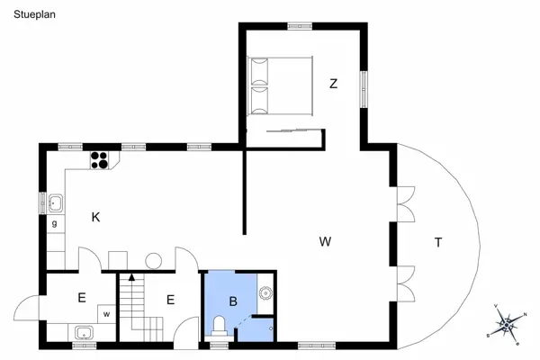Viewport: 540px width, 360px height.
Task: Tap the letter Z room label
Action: (x=333, y=84)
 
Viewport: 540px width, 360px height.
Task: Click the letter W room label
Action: (x=326, y=241)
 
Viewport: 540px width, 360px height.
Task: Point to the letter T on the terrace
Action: (x=438, y=241)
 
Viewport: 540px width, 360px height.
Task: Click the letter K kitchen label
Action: (x=95, y=217)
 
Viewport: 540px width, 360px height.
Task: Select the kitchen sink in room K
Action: (x=56, y=202)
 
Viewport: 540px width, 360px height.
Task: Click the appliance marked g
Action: (x=55, y=223)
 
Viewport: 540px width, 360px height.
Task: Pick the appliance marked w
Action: (x=106, y=314)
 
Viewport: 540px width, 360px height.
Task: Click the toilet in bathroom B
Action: (x=219, y=325)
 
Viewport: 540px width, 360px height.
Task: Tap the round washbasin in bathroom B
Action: (x=265, y=292)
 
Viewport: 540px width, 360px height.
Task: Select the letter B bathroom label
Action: (x=232, y=302)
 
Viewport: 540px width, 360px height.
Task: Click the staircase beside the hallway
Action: (x=137, y=306)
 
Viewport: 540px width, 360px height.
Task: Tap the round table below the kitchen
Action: (x=153, y=261)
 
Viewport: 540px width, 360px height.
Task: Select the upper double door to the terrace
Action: (x=404, y=203)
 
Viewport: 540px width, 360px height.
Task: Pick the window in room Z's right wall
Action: (x=364, y=88)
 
